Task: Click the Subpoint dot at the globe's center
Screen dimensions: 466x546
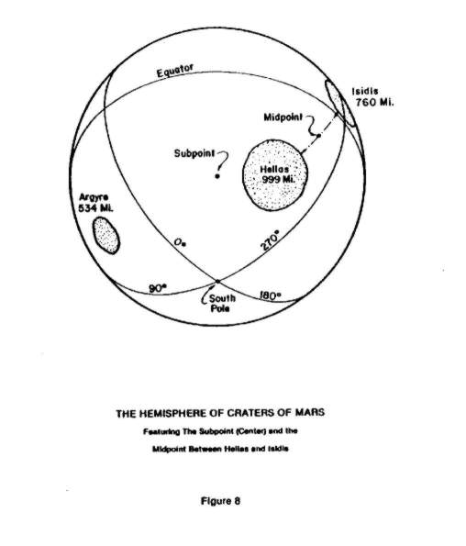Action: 217,176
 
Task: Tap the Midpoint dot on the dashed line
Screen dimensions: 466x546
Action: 318,136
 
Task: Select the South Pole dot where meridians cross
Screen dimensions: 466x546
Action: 217,282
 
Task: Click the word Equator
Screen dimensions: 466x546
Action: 174,71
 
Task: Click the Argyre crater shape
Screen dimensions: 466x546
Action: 105,236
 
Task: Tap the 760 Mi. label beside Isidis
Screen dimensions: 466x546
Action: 374,103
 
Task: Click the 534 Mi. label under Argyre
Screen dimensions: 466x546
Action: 95,208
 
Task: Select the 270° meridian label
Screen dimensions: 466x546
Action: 271,240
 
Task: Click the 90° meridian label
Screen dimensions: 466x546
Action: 158,288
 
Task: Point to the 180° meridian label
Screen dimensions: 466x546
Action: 270,295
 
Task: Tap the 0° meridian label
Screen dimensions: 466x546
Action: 181,242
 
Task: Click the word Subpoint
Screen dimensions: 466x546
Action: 194,153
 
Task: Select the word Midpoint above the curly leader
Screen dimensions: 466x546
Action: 283,117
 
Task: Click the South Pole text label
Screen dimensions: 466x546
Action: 221,304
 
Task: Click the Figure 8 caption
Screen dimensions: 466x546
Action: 221,501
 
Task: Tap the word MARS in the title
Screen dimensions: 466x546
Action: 309,413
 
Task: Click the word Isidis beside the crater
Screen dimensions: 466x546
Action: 365,92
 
